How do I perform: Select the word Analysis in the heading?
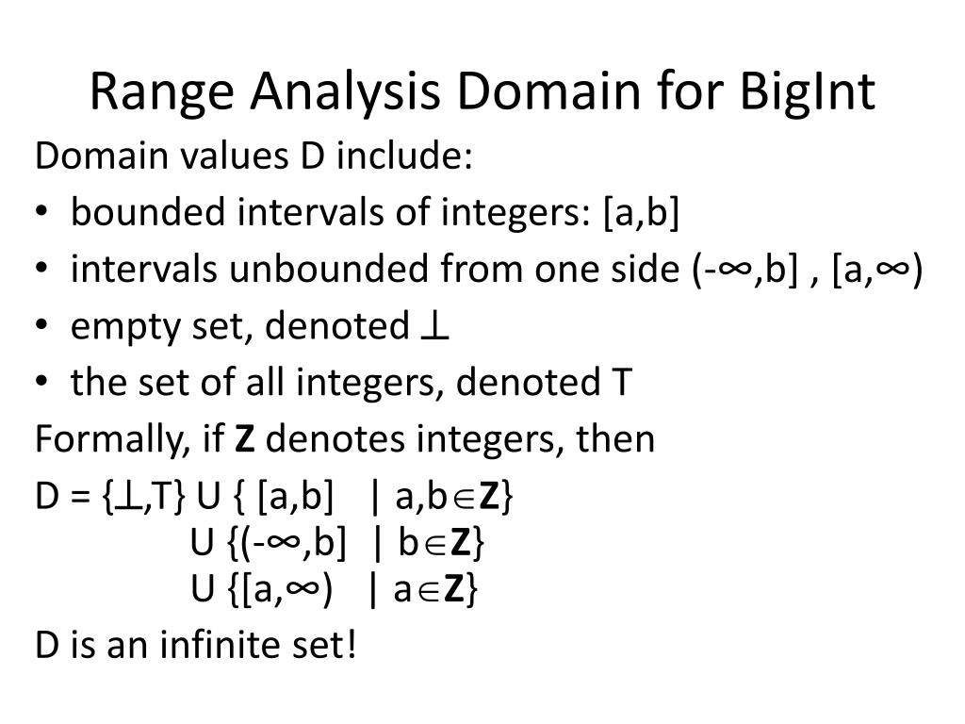pos(345,93)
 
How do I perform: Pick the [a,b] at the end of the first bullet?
pos(642,213)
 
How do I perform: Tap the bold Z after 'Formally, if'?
pos(244,440)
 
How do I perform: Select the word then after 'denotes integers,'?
pos(619,440)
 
